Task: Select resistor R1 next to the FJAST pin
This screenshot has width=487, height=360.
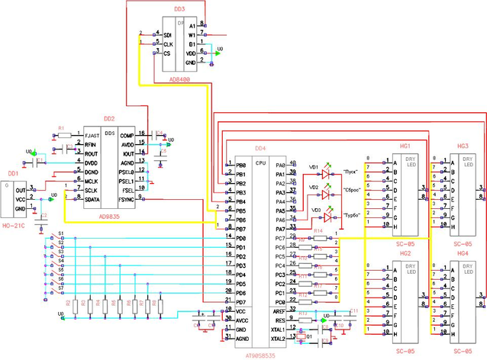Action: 64,134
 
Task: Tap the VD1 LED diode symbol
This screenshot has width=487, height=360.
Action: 326,175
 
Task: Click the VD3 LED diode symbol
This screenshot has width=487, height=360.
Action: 326,217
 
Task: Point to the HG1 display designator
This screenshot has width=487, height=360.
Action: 405,145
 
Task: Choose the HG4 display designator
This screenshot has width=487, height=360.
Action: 463,252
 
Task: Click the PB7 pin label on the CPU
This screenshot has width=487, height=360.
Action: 241,229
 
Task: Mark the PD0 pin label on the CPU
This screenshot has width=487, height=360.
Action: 241,238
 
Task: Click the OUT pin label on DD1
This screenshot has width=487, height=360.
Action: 21,190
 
